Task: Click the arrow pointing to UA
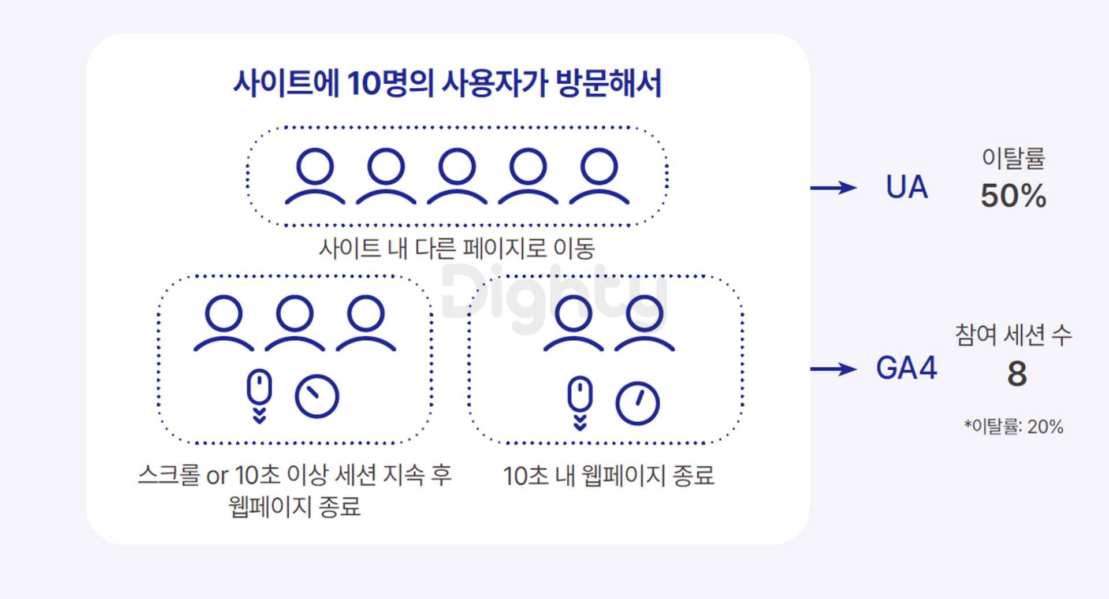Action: (833, 188)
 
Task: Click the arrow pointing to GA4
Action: (833, 369)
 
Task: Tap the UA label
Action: (907, 187)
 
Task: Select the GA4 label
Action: (906, 368)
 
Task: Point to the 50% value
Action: (1013, 195)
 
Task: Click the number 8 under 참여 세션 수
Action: (1017, 374)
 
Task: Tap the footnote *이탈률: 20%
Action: (1013, 426)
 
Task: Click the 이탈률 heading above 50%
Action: (1014, 158)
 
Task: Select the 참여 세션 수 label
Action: (1013, 335)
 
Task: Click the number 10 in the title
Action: (363, 83)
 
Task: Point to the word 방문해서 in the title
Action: (608, 83)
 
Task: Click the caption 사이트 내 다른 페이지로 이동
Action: (457, 248)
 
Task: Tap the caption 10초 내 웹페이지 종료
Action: (609, 476)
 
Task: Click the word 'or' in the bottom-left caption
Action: (217, 476)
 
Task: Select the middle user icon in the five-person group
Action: (457, 176)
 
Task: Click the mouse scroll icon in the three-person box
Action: (259, 396)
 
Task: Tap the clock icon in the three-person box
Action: (317, 396)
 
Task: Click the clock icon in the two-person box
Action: (637, 403)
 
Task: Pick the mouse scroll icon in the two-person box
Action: (580, 403)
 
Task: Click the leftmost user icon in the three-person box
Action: (224, 323)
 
